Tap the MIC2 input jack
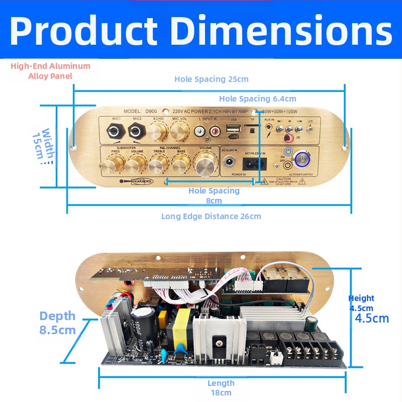click(136, 132)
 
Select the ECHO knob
click(158, 132)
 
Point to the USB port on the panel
click(233, 128)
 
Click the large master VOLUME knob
click(205, 164)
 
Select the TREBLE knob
click(159, 164)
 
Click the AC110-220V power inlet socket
click(253, 164)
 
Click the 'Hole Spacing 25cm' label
click(211, 79)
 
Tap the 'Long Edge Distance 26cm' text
click(211, 216)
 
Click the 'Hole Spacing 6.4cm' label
click(257, 98)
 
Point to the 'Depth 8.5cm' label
click(57, 323)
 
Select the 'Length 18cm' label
click(221, 388)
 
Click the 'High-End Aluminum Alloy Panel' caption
click(50, 71)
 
